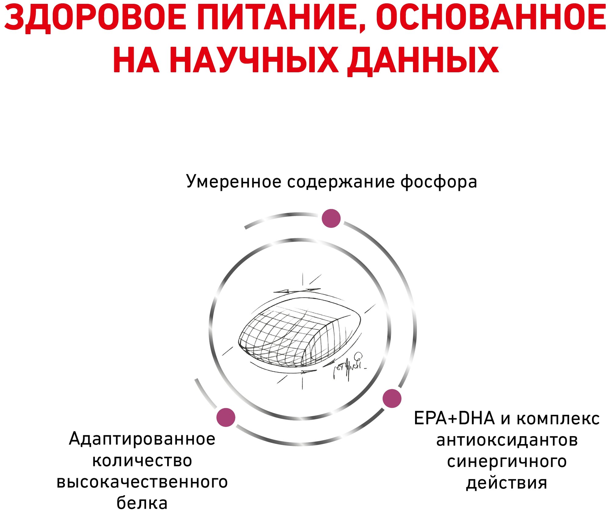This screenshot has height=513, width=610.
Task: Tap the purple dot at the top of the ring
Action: point(331,218)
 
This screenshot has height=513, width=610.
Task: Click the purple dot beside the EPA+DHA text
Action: point(392,398)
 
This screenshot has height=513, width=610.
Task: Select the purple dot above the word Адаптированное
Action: point(226,417)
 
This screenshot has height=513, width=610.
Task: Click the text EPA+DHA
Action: point(454,418)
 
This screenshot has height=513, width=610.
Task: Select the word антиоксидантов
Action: point(507,440)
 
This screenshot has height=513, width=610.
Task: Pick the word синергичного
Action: point(507,462)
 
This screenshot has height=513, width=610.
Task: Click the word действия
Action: point(507,483)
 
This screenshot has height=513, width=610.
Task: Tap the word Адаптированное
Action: point(142,439)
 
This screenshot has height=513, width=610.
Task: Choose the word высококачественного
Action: point(142,482)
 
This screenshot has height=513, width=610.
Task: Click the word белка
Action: point(142,503)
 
